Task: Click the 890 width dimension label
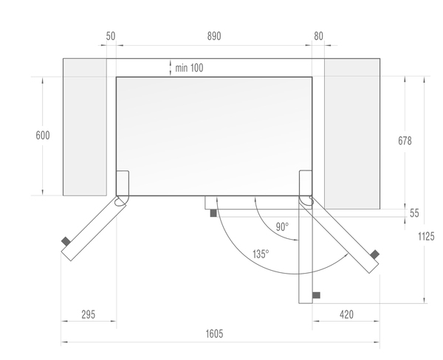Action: (214, 36)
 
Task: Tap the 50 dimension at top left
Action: (111, 36)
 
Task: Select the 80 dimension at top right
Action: (318, 36)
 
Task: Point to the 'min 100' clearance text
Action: (189, 68)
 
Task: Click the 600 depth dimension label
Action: (43, 135)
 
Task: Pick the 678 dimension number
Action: (405, 141)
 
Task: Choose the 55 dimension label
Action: (414, 213)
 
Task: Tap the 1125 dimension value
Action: (426, 236)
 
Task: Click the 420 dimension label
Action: (346, 314)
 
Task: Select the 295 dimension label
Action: (88, 314)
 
